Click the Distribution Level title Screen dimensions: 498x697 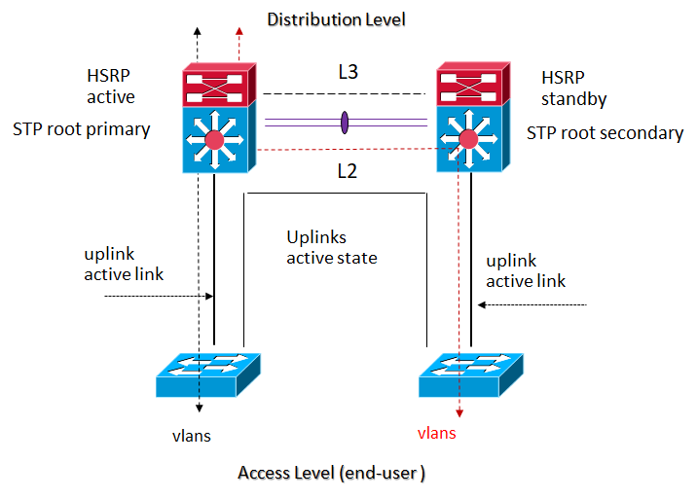point(336,19)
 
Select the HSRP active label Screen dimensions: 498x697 point(110,87)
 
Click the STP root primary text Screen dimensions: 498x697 point(82,128)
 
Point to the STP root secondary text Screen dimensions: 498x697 point(605,133)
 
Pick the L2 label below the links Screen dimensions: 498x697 point(348,171)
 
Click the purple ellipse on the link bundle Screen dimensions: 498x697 point(344,123)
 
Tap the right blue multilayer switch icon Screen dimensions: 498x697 point(470,141)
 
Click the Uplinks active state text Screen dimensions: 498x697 point(331,248)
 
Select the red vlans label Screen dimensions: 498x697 point(436,433)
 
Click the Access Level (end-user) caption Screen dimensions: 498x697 point(332,473)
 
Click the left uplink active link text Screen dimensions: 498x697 point(124,264)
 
